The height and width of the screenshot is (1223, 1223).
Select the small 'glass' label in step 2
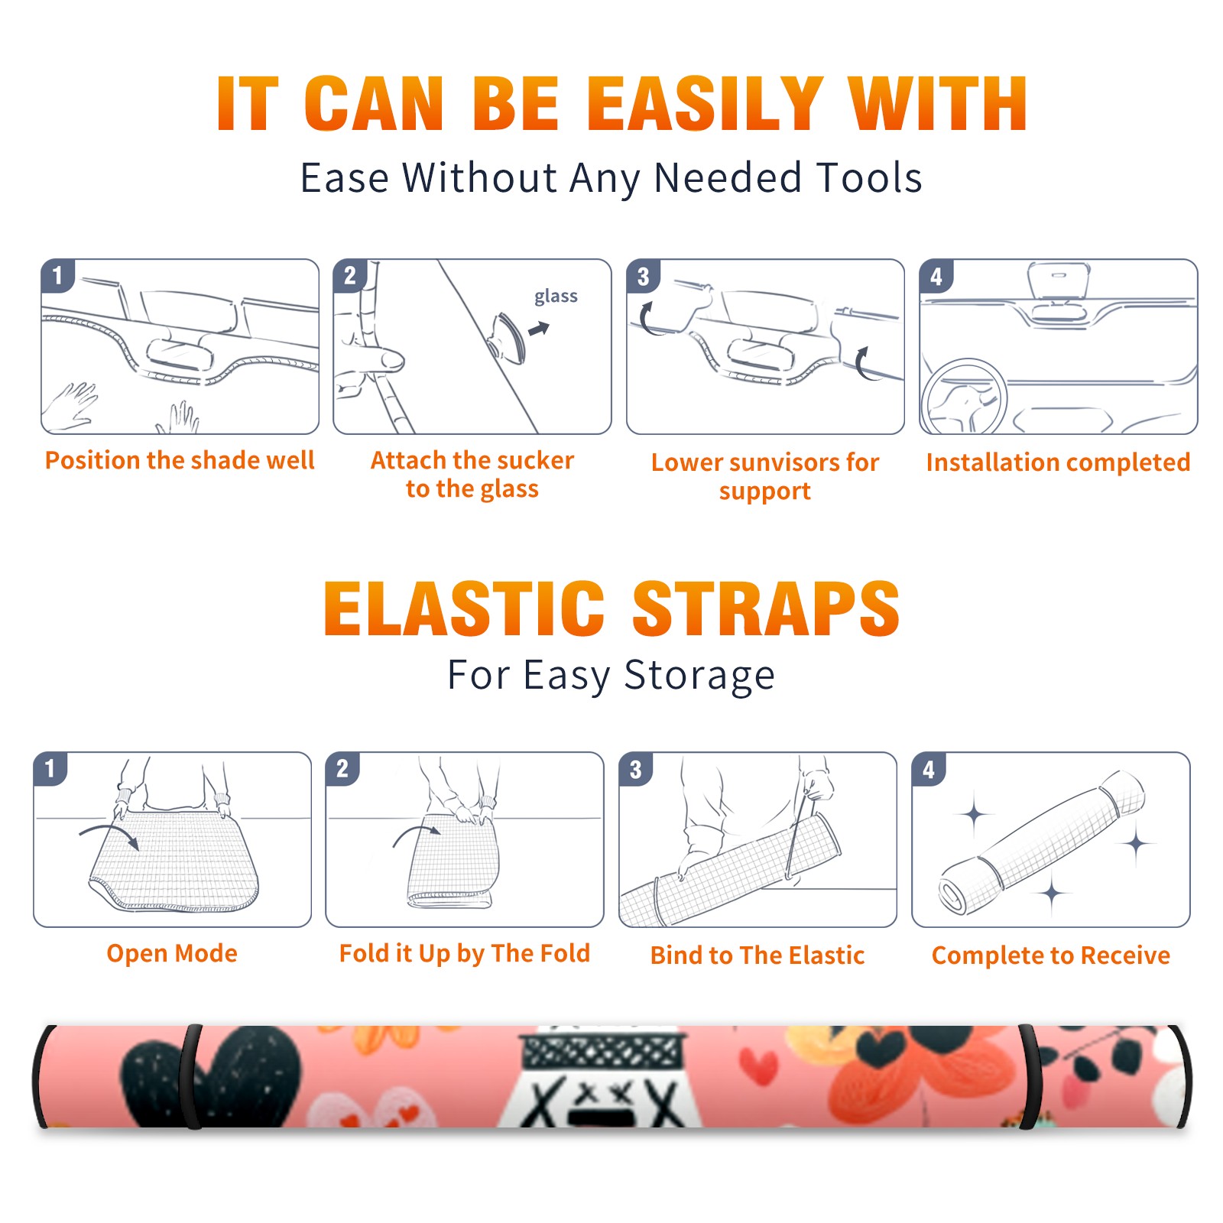(x=556, y=297)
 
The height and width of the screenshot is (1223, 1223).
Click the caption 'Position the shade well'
(x=180, y=460)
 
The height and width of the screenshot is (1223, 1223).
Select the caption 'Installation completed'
(x=1058, y=462)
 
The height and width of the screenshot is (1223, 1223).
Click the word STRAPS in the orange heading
(x=766, y=608)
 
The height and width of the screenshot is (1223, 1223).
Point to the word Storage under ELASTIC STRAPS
(x=699, y=676)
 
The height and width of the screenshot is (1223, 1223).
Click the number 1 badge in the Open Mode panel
(x=50, y=768)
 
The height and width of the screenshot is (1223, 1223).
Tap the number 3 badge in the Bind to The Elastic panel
(x=636, y=769)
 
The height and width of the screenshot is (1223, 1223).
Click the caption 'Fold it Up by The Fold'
(x=465, y=953)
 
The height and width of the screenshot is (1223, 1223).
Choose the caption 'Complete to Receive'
(x=1051, y=955)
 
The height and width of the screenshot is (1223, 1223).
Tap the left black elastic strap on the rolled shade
(x=191, y=1077)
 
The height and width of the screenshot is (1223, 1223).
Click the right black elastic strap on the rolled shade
(x=1029, y=1077)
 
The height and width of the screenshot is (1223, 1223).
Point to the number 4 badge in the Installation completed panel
(x=936, y=277)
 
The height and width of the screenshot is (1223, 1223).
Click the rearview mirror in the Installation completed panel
(x=1058, y=280)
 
